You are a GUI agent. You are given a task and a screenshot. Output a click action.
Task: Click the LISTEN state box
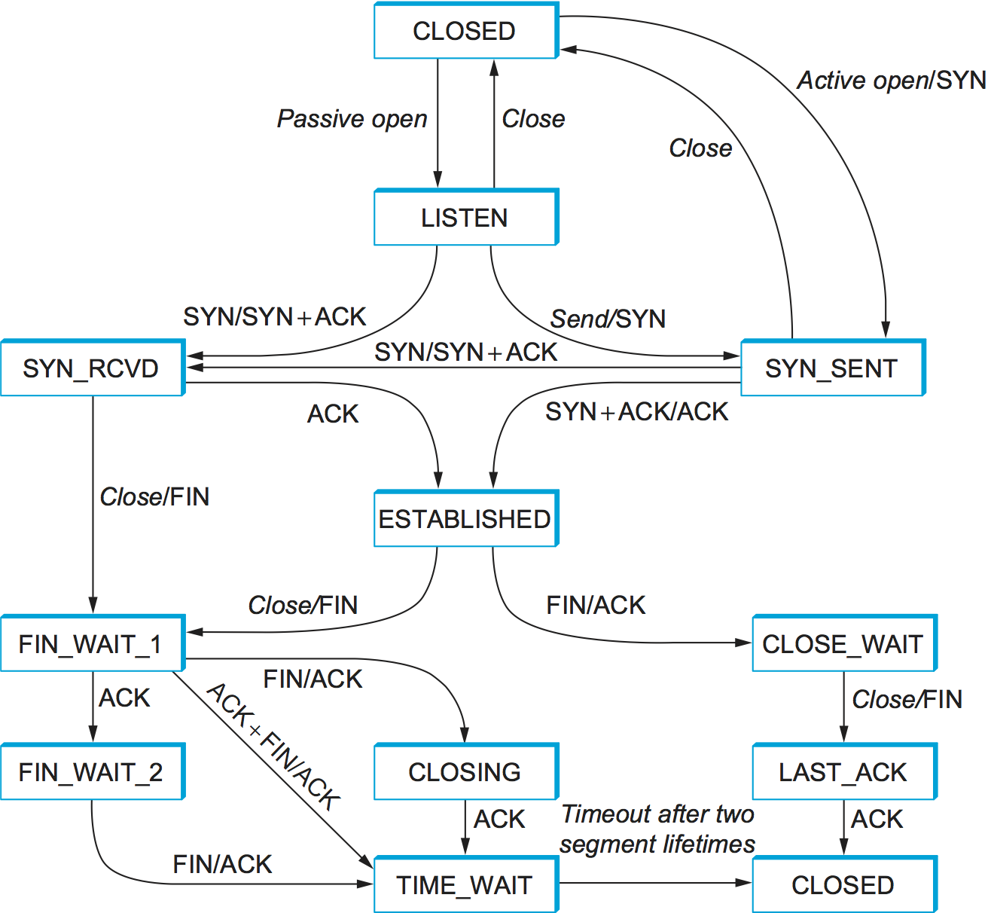(x=465, y=218)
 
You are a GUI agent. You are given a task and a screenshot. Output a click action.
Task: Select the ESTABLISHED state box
(x=465, y=519)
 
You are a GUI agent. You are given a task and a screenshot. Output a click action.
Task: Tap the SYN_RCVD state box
(x=92, y=368)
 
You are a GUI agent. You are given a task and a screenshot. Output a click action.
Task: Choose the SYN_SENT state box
(x=832, y=368)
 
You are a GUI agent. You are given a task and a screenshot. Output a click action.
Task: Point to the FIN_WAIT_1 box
(x=92, y=644)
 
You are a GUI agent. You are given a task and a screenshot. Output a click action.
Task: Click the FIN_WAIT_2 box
(x=92, y=772)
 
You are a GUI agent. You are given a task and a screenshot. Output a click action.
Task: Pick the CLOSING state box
(x=465, y=772)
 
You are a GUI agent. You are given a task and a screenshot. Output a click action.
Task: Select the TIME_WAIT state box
(x=465, y=885)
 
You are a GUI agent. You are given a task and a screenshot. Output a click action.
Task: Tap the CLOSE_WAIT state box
(x=843, y=644)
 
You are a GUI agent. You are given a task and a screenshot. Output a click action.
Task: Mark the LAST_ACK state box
(x=843, y=772)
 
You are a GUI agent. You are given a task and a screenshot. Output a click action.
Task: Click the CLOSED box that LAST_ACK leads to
(x=843, y=885)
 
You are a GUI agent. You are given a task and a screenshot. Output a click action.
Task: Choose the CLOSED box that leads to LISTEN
(x=465, y=31)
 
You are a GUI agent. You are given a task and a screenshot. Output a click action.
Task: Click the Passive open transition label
(x=352, y=119)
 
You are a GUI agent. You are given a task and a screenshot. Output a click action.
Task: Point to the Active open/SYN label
(x=892, y=80)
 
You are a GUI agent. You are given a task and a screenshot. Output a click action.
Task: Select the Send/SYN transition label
(x=608, y=319)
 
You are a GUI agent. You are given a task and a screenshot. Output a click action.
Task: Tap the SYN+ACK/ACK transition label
(x=637, y=412)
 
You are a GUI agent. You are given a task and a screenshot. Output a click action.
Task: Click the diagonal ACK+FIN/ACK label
(x=273, y=746)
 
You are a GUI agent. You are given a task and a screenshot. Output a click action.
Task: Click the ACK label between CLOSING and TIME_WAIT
(x=499, y=819)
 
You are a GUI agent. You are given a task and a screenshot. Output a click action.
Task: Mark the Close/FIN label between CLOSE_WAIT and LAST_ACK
(x=907, y=699)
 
